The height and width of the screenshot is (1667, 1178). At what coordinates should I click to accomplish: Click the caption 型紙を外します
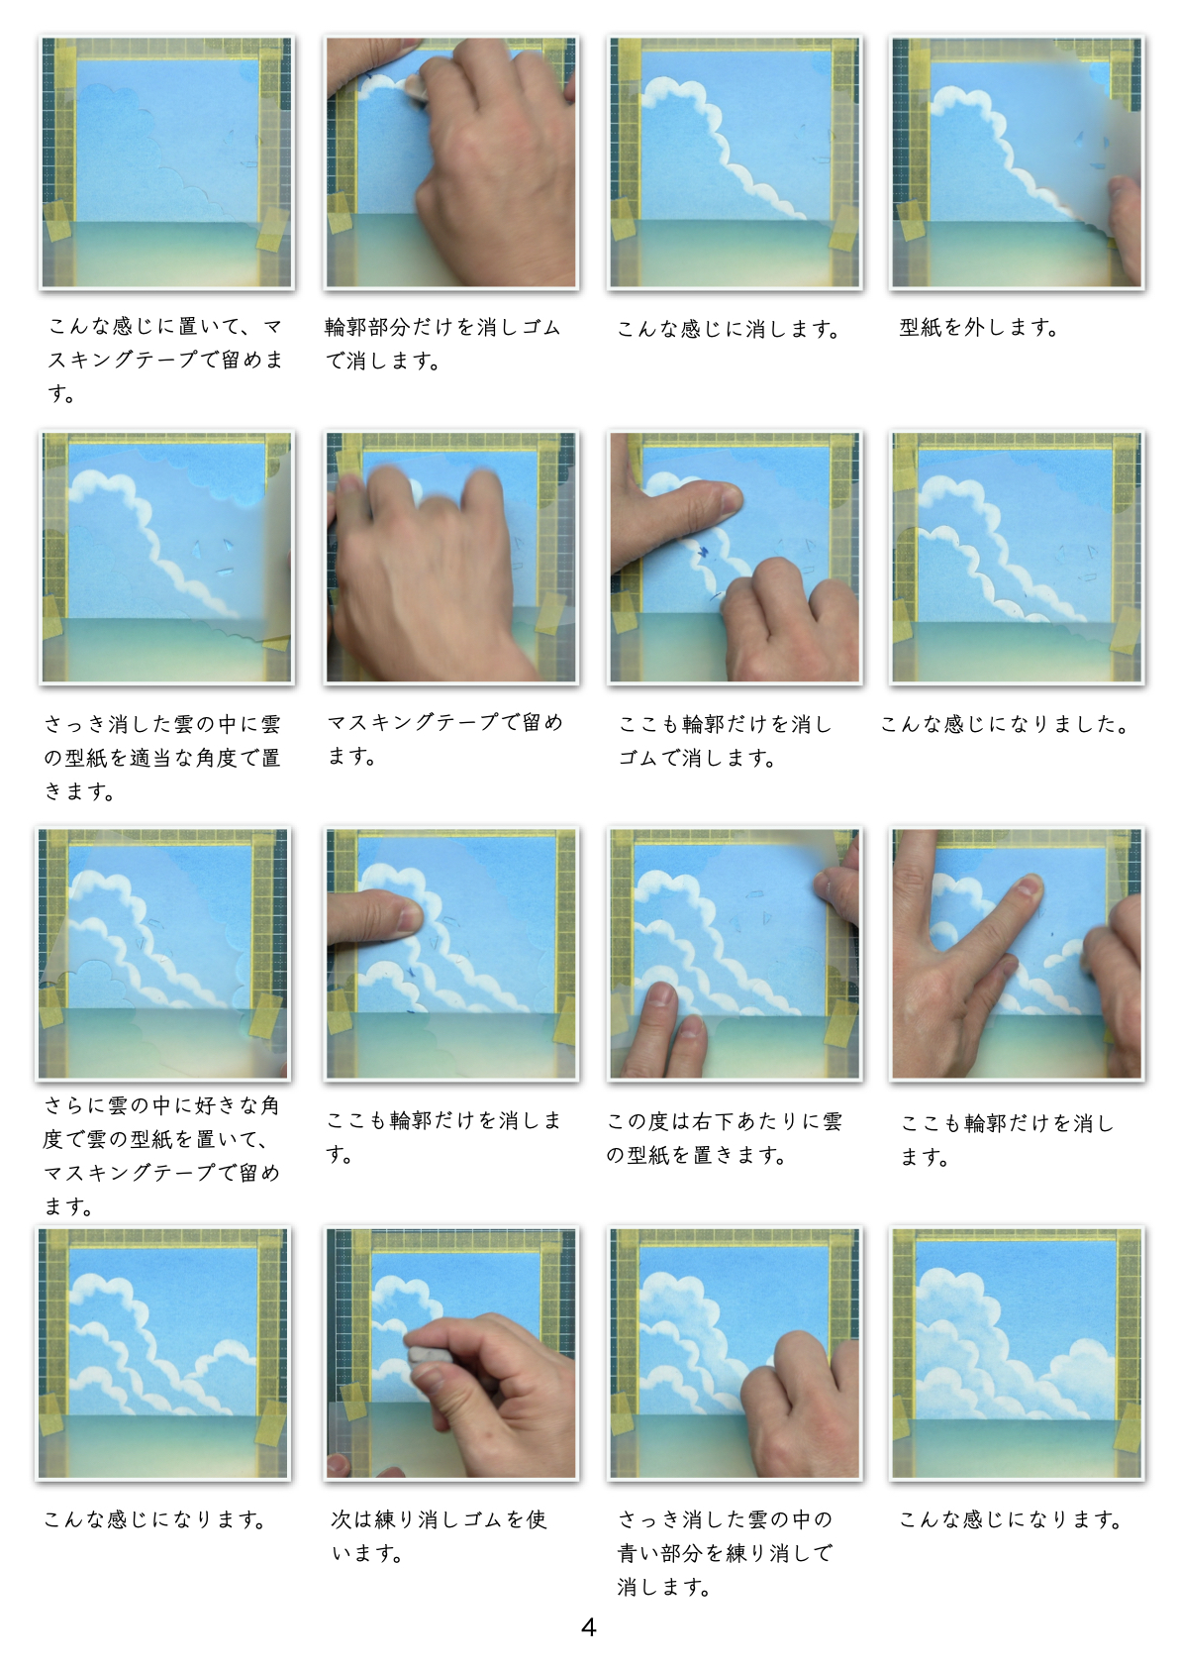(979, 328)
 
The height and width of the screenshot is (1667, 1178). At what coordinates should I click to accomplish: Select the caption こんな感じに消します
(729, 329)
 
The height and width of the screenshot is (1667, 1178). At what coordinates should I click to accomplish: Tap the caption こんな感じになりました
(1005, 723)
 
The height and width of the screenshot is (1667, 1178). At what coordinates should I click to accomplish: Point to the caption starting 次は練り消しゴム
(440, 1535)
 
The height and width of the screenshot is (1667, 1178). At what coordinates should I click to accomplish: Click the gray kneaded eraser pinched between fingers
(426, 1353)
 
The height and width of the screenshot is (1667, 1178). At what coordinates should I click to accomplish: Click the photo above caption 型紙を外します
(1017, 162)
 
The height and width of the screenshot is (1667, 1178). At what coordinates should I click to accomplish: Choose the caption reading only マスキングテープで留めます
(445, 739)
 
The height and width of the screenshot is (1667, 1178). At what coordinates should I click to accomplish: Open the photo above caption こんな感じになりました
(1017, 558)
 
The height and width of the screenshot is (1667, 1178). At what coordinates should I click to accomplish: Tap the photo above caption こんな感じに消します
(734, 162)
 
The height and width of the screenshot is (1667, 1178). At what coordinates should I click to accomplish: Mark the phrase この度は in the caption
(647, 1121)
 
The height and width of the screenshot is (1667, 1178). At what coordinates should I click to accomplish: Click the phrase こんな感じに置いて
(145, 326)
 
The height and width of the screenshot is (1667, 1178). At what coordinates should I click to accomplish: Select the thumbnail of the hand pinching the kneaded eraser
(450, 1354)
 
